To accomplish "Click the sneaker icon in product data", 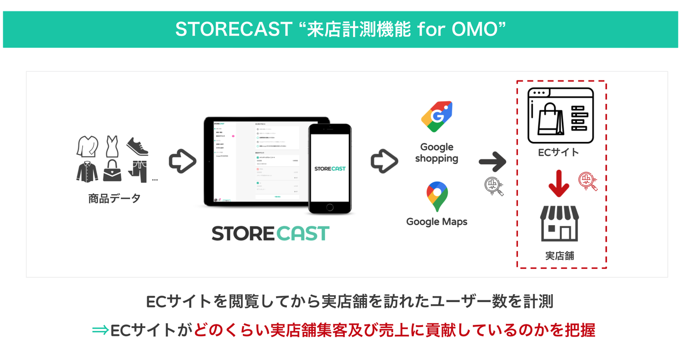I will coord(137,147).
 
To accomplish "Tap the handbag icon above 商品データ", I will coord(112,171).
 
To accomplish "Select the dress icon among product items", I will coord(112,146).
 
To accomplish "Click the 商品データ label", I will coord(115,198).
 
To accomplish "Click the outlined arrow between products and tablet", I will coord(182,161).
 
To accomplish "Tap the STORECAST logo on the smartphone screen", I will coord(330,168).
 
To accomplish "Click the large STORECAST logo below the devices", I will coord(271,234).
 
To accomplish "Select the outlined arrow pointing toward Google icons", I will coord(384,161).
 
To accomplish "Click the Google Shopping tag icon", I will coord(437,116).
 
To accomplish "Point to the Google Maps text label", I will coord(437,221).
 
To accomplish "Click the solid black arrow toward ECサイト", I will coord(492,162).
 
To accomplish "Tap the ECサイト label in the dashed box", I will coord(558,152).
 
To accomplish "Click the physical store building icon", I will coord(559,224).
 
